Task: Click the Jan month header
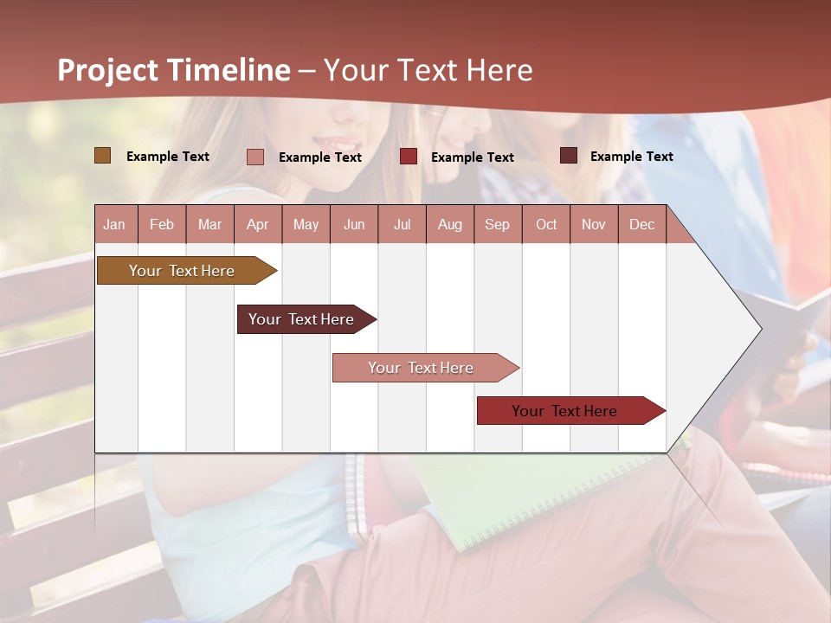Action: (114, 224)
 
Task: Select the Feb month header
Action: (162, 224)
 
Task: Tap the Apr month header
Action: (257, 224)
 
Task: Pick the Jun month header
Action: (354, 224)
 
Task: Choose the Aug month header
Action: (449, 224)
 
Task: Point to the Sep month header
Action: (497, 224)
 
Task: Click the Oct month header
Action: (546, 224)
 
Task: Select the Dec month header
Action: (641, 224)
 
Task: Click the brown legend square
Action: (102, 156)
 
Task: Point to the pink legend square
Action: (255, 157)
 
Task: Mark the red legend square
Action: (409, 157)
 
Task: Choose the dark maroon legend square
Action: (569, 156)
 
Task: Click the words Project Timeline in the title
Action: (173, 70)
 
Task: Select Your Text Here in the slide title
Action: (428, 70)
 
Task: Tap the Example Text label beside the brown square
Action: (168, 157)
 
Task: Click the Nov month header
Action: (594, 224)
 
